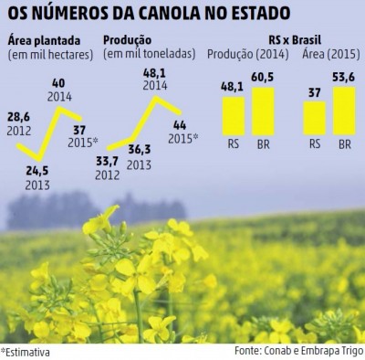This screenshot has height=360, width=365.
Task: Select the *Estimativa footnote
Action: tap(26, 350)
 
